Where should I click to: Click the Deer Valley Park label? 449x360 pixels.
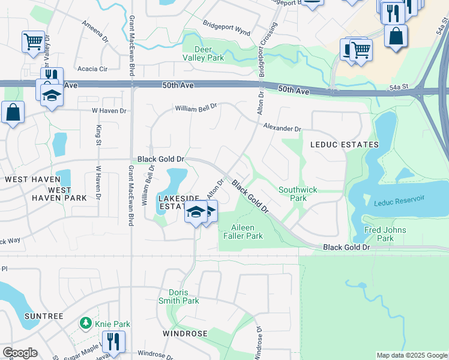pos(203,53)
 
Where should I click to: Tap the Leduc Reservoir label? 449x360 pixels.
pos(399,203)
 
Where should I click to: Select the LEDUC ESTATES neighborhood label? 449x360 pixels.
pos(344,145)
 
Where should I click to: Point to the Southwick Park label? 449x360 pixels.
pos(297,194)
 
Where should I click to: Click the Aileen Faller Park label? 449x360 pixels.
pos(248,232)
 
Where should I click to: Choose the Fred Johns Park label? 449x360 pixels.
pos(385,234)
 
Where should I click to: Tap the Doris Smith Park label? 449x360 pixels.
pos(179,296)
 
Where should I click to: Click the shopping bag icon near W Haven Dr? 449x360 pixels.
pos(13,112)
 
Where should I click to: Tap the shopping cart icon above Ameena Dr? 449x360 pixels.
pos(33,41)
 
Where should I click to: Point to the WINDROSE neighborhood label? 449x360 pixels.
pos(184,333)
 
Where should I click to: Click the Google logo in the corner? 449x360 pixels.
pos(20,353)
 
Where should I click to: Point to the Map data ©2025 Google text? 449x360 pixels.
pos(411,355)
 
